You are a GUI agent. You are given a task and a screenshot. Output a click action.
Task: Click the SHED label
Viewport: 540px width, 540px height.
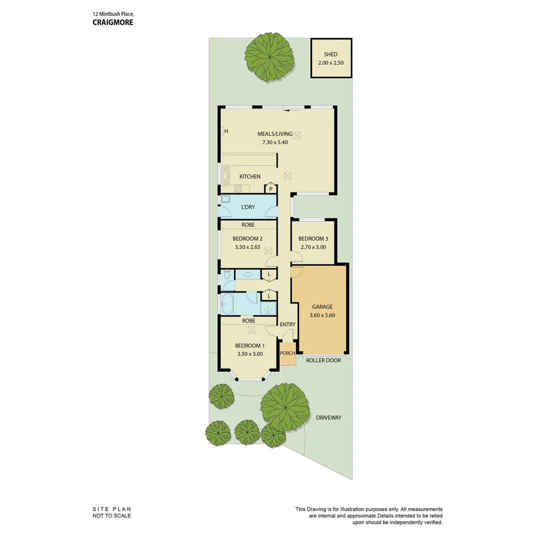331,54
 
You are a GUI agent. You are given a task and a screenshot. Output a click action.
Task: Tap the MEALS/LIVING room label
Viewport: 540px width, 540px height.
274,134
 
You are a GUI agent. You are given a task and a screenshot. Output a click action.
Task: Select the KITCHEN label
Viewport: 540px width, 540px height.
249,176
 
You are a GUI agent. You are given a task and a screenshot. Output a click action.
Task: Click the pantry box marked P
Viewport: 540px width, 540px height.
270,189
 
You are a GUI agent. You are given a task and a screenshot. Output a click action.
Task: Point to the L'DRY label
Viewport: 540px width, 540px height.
248,207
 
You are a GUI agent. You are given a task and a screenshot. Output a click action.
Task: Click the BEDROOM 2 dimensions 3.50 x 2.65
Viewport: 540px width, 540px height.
247,247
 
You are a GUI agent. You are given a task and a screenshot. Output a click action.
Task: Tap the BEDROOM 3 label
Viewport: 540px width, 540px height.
313,239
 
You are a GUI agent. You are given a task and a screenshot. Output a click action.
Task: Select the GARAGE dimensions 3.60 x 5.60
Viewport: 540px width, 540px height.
322,315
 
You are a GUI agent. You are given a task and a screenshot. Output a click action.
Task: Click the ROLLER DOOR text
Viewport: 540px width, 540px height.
323,360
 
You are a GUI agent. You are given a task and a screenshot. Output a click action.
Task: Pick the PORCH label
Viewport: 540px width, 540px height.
287,353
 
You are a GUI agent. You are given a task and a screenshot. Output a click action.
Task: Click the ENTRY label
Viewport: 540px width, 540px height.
287,324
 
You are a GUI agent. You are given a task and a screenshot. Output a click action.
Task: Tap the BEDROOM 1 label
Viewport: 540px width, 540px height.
249,345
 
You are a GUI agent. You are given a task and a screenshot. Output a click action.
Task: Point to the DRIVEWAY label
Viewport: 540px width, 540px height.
328,417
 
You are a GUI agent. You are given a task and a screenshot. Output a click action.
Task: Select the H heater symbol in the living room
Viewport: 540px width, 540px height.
225,131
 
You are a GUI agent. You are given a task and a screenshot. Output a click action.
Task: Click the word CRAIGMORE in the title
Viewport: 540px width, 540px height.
113,22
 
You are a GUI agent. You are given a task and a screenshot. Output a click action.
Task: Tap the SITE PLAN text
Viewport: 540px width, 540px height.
111,509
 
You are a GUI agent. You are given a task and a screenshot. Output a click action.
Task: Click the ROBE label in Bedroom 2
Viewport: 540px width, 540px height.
248,225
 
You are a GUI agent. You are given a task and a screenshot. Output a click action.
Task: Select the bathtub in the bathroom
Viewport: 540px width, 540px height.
227,303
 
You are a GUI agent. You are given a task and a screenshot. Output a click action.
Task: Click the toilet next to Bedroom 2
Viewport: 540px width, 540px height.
226,275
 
